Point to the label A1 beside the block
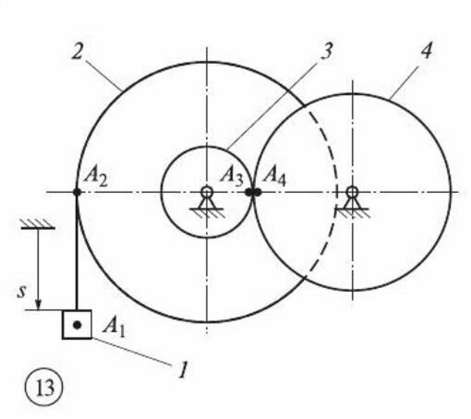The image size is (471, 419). [115, 325]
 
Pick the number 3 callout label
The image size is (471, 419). [323, 51]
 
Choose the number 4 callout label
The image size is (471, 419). [425, 51]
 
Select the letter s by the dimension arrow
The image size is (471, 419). [21, 291]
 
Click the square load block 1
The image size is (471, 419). [77, 324]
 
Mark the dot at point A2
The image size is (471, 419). [77, 191]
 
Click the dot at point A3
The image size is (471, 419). [249, 191]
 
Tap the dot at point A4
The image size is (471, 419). [257, 191]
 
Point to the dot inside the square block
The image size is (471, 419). [77, 324]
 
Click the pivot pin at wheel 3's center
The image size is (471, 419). [206, 191]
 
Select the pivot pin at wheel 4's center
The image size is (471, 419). [352, 191]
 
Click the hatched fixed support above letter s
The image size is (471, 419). [38, 223]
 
